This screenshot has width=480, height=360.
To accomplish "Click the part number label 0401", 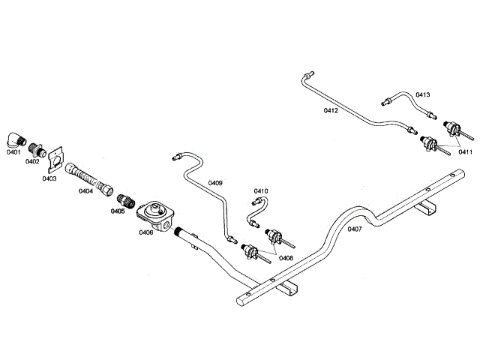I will point(13,153).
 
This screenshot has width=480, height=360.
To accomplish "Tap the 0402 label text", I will point(32,160).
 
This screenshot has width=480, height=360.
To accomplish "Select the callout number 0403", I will point(49,178).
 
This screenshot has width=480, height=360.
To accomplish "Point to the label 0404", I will point(86,191).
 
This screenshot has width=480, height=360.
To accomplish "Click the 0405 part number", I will point(117,211).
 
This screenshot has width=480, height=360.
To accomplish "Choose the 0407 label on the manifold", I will point(355,229).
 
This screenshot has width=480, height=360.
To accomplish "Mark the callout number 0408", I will point(286,257).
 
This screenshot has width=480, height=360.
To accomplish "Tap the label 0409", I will point(215,182).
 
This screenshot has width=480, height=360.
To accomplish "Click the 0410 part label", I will point(261,191).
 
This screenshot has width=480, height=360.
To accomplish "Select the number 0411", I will point(466,152).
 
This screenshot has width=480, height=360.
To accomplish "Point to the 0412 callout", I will point(331,110).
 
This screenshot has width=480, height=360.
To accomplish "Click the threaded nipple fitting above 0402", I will point(34,145).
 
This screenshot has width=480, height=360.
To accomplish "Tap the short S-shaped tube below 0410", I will point(256,215).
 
